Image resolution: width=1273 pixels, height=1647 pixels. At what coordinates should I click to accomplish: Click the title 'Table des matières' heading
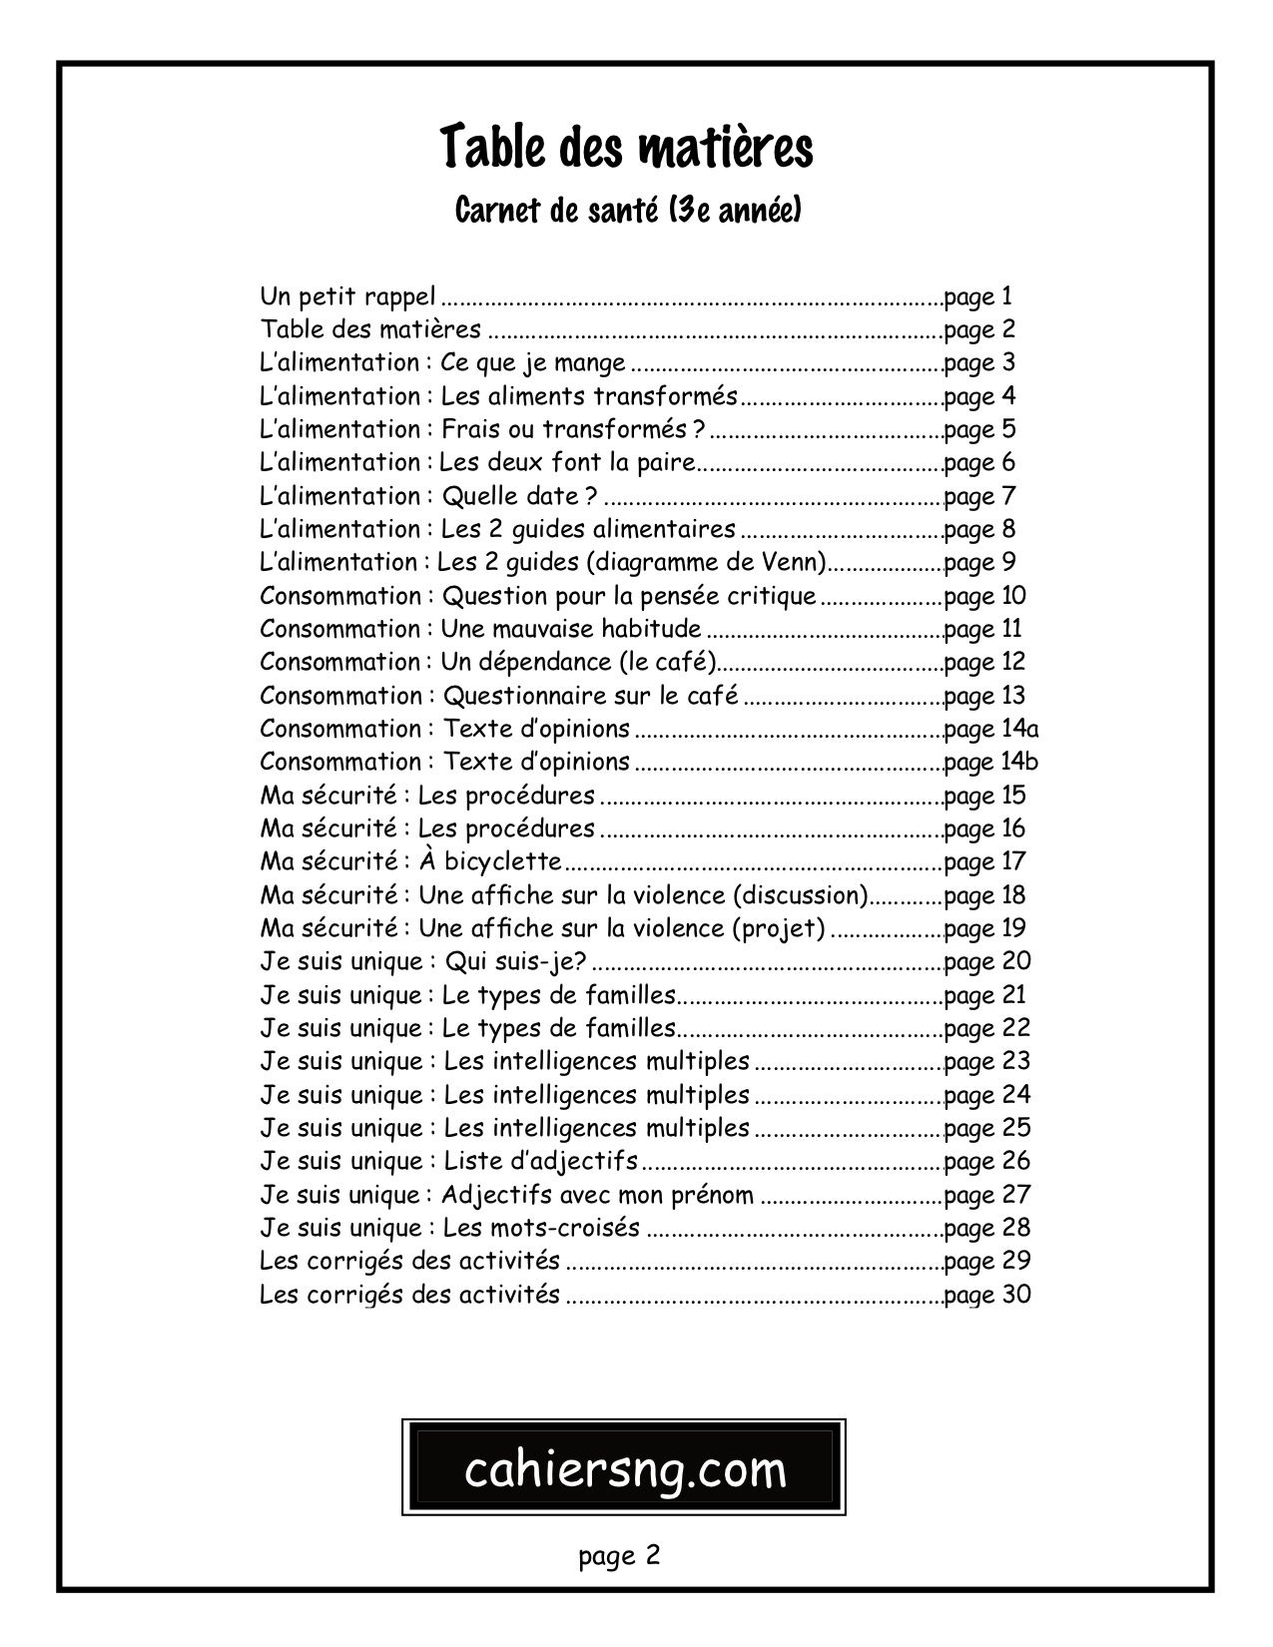[627, 148]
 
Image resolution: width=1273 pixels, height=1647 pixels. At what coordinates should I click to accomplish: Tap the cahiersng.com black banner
[625, 1469]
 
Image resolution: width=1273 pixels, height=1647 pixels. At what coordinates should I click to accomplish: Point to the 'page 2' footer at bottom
[619, 1555]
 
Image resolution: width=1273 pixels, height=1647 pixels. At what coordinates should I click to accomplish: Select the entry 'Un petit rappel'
[347, 296]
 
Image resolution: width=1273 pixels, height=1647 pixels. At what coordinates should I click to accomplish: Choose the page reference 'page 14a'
[990, 730]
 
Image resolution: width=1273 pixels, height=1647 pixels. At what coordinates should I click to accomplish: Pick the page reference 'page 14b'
[990, 763]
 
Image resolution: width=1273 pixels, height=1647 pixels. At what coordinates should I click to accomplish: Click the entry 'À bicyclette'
[489, 862]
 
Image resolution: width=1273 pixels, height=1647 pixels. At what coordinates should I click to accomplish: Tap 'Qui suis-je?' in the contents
[515, 962]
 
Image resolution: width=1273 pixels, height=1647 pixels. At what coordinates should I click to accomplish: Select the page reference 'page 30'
[986, 1296]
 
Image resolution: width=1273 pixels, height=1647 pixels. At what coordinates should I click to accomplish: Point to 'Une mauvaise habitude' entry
[571, 630]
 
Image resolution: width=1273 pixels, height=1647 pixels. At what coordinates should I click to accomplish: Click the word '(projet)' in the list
[779, 929]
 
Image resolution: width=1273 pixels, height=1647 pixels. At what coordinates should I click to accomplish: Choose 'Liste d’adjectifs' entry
[540, 1162]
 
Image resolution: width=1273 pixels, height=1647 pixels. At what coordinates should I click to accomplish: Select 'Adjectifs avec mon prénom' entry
[597, 1195]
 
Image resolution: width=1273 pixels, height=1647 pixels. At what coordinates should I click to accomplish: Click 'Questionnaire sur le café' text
[590, 696]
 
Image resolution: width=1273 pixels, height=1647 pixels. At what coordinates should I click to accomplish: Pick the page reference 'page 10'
[984, 596]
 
